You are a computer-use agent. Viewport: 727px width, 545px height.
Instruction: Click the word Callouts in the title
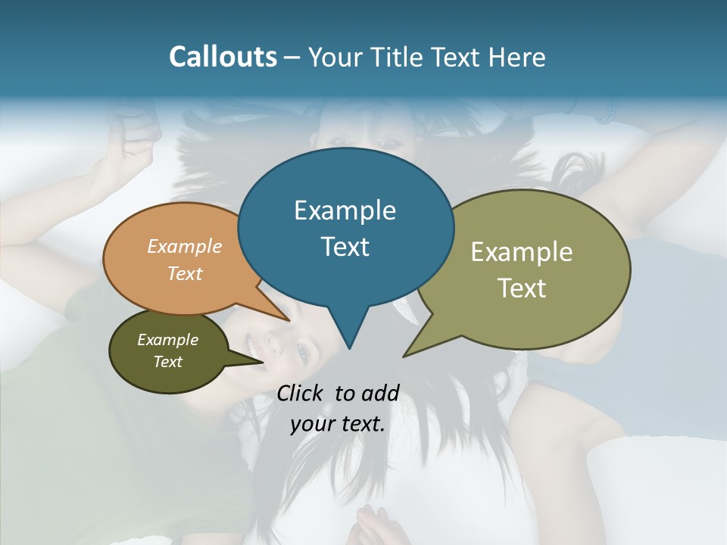[223, 57]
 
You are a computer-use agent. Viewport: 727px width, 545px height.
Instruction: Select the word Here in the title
[518, 57]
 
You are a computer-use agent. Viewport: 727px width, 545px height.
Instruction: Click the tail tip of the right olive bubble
[404, 356]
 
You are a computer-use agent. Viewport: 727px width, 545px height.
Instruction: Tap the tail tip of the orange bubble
[289, 320]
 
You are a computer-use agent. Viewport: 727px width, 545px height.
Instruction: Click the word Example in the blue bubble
[345, 210]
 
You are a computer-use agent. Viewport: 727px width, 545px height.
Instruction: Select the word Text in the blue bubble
[345, 247]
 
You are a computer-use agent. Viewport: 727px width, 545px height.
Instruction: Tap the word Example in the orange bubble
[185, 246]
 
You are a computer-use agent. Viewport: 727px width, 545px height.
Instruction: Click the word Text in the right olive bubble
[522, 288]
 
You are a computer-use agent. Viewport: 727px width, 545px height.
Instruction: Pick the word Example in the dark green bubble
[167, 340]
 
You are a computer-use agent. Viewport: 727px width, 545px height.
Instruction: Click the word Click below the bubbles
[301, 393]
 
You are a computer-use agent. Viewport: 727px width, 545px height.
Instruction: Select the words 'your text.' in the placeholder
[338, 424]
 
